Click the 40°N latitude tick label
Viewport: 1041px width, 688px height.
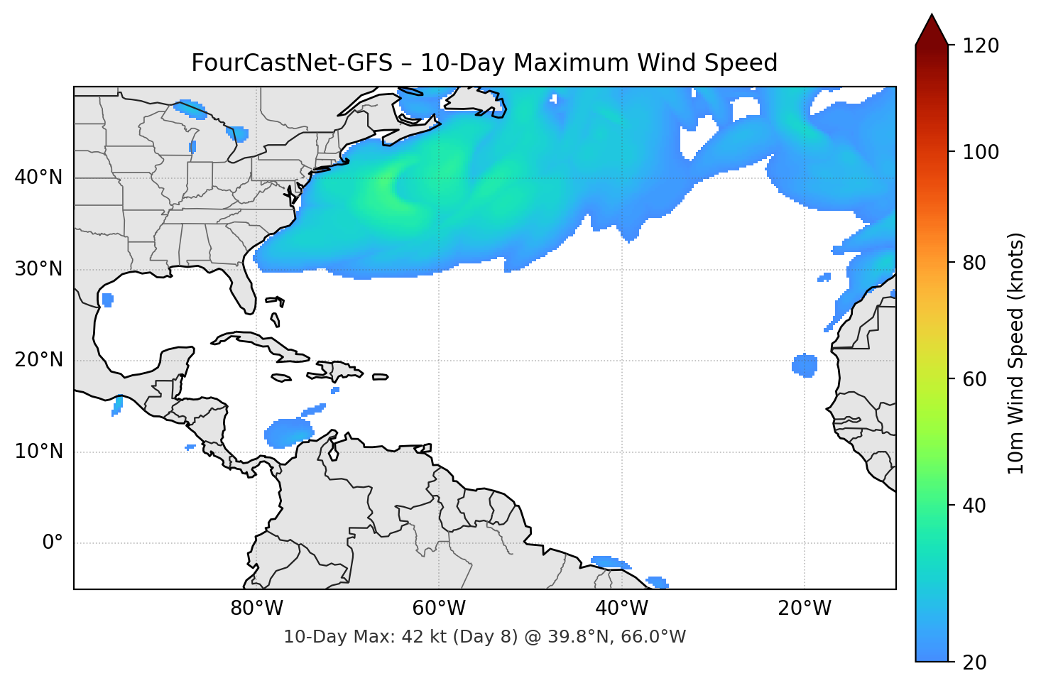tap(38, 178)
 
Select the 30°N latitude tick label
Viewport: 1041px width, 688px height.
tap(38, 269)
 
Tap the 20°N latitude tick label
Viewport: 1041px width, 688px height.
tap(38, 360)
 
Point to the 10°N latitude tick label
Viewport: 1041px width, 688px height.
tap(38, 452)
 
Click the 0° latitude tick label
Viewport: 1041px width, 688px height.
tap(53, 543)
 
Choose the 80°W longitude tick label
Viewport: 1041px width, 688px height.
tap(256, 608)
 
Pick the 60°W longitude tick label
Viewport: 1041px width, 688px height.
tap(439, 608)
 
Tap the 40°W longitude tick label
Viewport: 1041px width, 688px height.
tap(621, 608)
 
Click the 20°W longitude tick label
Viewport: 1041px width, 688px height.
tap(804, 608)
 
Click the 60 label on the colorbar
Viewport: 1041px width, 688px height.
tap(974, 379)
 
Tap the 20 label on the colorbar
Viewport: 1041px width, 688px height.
tap(974, 662)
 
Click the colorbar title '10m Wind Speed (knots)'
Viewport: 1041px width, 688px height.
tap(1015, 354)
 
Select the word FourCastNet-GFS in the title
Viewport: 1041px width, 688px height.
tap(291, 63)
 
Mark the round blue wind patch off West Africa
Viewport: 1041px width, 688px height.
tap(805, 366)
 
